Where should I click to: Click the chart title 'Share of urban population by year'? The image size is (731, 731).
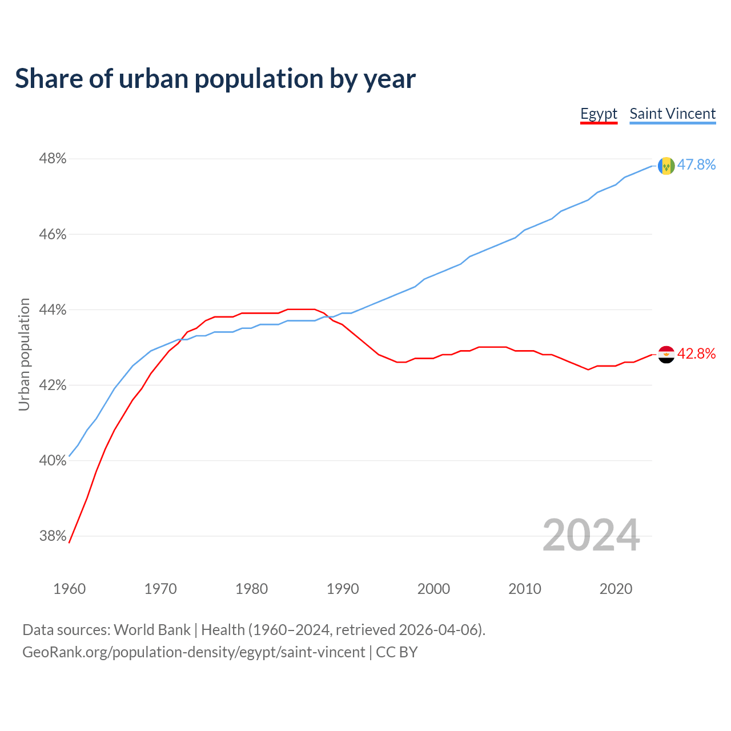click(215, 79)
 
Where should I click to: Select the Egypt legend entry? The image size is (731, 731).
click(599, 114)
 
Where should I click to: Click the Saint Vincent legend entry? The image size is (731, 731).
click(672, 114)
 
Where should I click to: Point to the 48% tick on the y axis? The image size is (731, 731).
click(53, 159)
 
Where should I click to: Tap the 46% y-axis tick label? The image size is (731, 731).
click(53, 235)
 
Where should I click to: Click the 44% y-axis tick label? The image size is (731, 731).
click(53, 310)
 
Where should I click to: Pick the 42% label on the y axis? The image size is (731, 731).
click(53, 385)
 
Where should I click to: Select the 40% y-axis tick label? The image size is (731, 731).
click(53, 461)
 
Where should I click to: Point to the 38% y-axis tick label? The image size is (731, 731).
click(53, 536)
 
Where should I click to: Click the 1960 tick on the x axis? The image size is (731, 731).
click(70, 589)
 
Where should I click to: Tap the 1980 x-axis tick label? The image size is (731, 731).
click(251, 589)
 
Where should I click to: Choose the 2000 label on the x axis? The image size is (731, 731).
click(433, 589)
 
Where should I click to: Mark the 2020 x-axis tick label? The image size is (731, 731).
click(616, 589)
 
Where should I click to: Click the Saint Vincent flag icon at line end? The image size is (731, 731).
click(666, 166)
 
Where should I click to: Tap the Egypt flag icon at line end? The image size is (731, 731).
click(666, 355)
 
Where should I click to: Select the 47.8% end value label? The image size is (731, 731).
click(696, 165)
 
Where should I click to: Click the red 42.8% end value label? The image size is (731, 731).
click(696, 354)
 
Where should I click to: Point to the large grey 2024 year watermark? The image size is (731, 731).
click(591, 535)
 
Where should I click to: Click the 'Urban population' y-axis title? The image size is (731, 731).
click(24, 354)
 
